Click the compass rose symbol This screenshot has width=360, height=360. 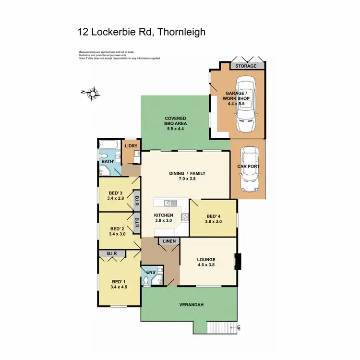pyautogui.click(x=93, y=93)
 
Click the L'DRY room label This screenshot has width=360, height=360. pyautogui.click(x=131, y=146)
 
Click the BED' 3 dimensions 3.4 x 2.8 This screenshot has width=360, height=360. pyautogui.click(x=116, y=197)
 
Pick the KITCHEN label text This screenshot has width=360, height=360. pyautogui.click(x=164, y=216)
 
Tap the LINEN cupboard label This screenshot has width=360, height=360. pyautogui.click(x=169, y=241)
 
